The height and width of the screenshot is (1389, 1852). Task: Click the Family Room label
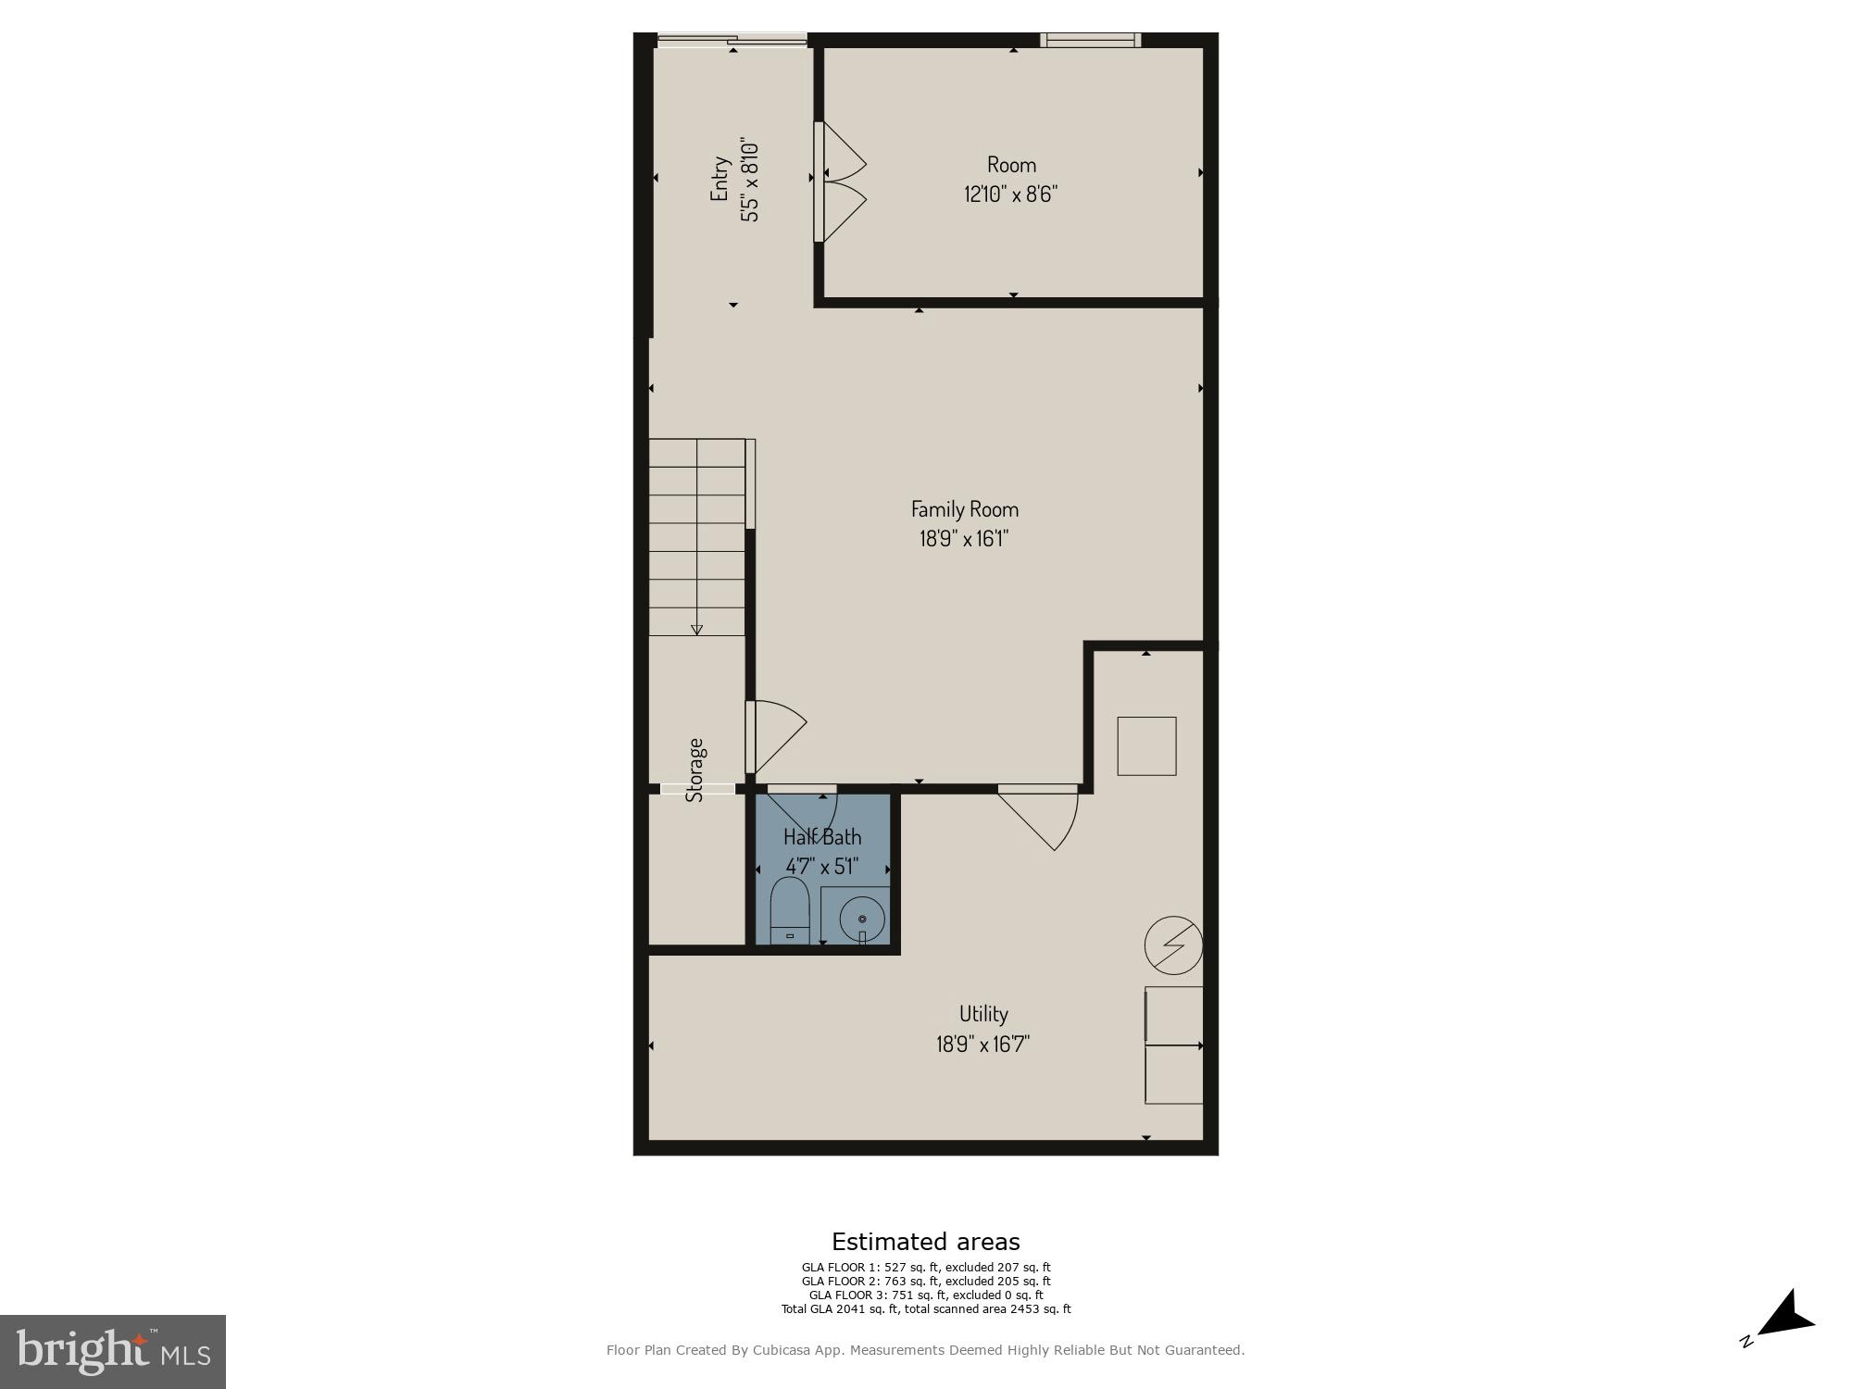point(964,508)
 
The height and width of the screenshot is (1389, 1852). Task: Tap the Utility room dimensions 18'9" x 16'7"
point(982,1044)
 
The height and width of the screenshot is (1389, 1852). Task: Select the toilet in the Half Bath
point(790,910)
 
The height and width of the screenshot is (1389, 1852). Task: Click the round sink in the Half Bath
point(862,919)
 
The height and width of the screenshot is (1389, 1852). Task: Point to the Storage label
point(695,769)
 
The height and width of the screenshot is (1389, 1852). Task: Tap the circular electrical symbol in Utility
point(1173,945)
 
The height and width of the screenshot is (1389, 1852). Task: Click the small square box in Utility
point(1146,745)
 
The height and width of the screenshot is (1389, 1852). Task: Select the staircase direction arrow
point(696,629)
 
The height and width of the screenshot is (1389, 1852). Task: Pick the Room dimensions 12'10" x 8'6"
point(1010,194)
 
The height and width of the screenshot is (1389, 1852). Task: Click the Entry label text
point(720,179)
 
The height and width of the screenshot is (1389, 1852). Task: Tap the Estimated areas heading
point(925,1242)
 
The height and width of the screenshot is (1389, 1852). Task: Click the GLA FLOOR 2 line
point(925,1282)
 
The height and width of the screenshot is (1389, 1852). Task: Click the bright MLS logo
point(113,1351)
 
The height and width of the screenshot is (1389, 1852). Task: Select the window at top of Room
point(1090,40)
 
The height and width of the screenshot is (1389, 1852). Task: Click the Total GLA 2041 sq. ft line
point(925,1309)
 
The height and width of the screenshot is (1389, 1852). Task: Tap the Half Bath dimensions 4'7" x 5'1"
point(822,867)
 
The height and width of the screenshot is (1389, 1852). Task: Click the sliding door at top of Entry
point(732,40)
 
